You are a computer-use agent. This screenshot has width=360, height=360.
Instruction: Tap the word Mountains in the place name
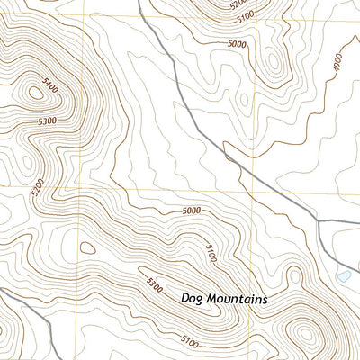[238, 298]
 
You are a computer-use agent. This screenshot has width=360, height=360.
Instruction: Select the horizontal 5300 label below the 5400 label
[48, 121]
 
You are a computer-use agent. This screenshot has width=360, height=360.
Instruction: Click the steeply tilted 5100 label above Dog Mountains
[209, 256]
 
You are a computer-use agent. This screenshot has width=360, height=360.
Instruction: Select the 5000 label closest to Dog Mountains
[190, 211]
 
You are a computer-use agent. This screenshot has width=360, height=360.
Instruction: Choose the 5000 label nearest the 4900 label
[238, 43]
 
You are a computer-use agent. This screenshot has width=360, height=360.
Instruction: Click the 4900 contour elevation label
[337, 63]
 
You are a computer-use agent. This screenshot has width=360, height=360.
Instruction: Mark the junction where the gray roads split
[314, 219]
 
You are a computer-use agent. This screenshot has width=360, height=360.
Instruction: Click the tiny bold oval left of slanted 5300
[87, 247]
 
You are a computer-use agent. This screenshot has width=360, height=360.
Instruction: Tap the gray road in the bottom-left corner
[18, 306]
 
